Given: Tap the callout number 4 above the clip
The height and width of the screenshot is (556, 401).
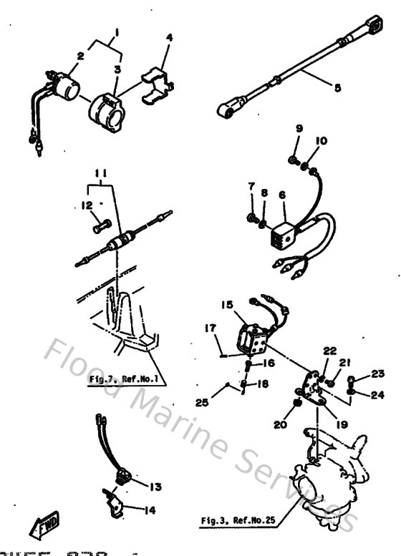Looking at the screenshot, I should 170,37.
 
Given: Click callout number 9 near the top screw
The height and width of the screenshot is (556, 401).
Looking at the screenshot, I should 299,128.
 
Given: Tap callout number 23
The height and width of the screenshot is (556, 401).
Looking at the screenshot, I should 377,373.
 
